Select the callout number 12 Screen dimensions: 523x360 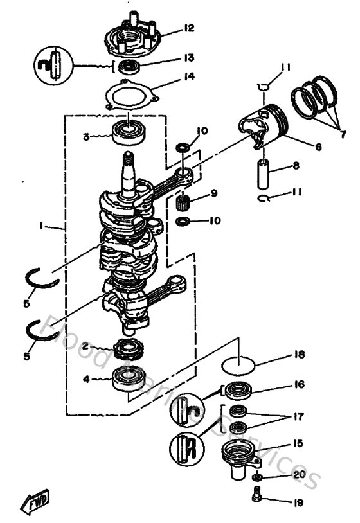click(x=188, y=28)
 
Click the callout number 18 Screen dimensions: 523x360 click(x=300, y=355)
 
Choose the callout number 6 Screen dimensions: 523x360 click(x=318, y=146)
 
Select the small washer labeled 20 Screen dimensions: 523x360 click(x=257, y=479)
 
